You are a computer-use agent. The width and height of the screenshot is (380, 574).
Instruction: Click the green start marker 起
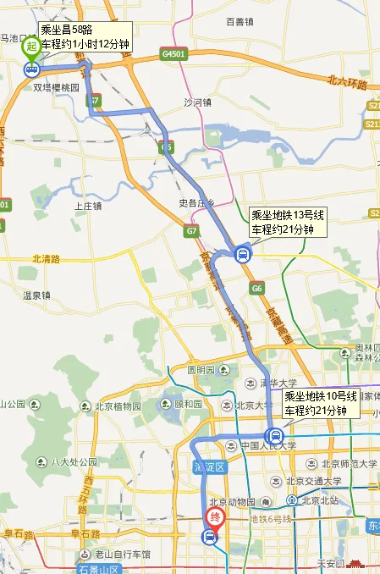[x=30, y=47]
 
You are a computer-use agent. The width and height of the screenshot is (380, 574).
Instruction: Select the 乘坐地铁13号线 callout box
[x=288, y=222]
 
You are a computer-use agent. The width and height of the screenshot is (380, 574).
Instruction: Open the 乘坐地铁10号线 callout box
[x=321, y=404]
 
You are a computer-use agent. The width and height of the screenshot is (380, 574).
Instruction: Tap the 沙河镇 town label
[x=199, y=103]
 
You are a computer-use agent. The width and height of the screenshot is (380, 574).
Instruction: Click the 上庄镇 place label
[x=88, y=206]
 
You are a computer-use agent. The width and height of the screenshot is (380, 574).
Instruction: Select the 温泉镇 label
[x=36, y=295]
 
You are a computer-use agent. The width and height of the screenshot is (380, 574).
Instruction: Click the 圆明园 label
[x=203, y=371]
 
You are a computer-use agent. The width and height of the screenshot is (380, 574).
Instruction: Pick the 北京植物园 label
[x=112, y=405]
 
